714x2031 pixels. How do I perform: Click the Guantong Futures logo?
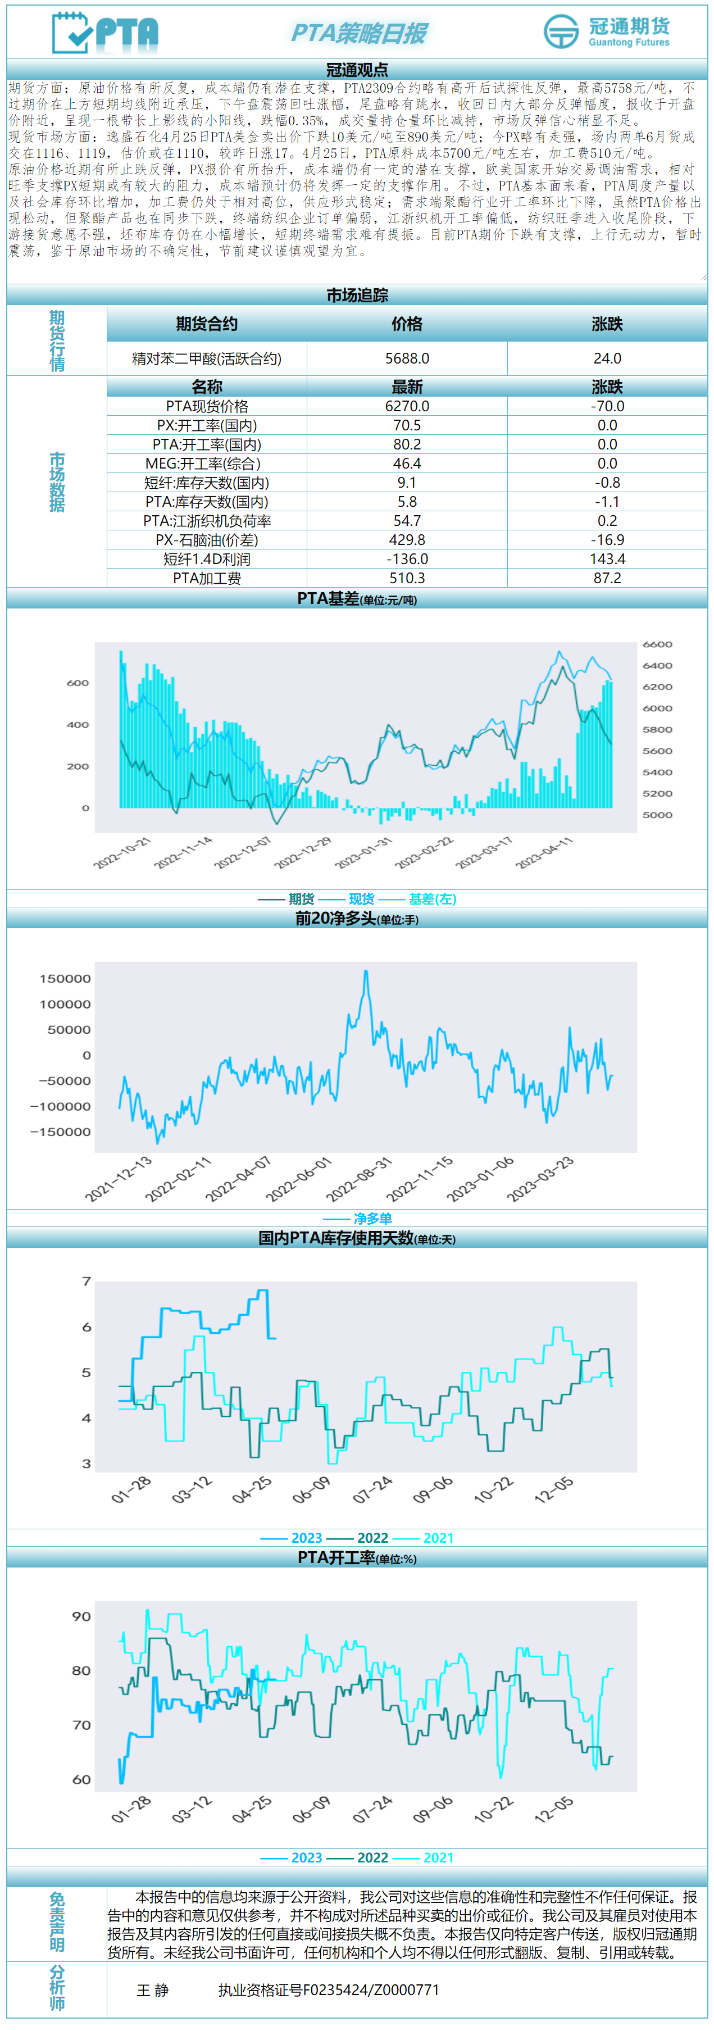pos(606,31)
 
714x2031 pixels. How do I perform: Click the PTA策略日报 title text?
pos(358,33)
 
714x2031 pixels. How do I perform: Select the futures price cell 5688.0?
pos(407,359)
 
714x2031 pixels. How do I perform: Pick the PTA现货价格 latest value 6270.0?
pos(407,406)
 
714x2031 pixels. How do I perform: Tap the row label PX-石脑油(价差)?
pos(207,540)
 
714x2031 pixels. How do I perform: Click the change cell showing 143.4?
pos(607,559)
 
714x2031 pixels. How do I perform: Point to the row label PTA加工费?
pos(207,578)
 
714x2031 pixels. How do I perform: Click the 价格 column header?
pos(407,324)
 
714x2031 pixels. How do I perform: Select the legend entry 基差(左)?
pos(432,899)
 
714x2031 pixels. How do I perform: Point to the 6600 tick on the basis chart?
pos(657,644)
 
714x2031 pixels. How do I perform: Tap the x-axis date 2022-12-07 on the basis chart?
pos(243,853)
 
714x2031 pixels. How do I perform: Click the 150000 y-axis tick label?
pos(65,979)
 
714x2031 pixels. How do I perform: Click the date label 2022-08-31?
pos(360,1179)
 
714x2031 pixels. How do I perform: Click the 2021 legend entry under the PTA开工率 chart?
pos(438,1857)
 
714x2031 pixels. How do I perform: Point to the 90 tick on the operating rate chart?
pos(81,1616)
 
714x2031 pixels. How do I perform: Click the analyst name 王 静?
pos(152,1990)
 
